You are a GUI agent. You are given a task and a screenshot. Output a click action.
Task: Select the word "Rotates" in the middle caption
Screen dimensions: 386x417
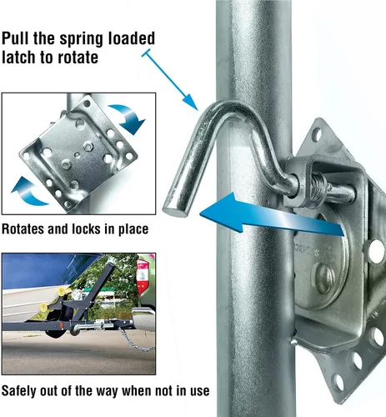click(23, 229)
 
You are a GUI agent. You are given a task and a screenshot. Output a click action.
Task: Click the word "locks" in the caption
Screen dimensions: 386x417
click(88, 229)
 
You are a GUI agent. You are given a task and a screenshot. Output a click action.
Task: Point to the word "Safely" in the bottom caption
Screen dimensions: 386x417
click(18, 391)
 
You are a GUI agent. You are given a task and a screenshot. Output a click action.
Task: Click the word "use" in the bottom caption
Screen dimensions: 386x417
click(200, 391)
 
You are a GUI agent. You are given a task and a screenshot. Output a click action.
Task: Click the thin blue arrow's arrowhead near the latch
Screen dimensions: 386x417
click(191, 102)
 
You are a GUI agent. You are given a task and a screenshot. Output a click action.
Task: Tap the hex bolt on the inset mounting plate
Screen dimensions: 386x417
click(88, 146)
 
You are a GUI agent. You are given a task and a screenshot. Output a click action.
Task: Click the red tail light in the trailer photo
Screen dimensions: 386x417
click(143, 277)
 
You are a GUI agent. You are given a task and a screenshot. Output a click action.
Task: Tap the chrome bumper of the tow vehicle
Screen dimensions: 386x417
click(143, 319)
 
